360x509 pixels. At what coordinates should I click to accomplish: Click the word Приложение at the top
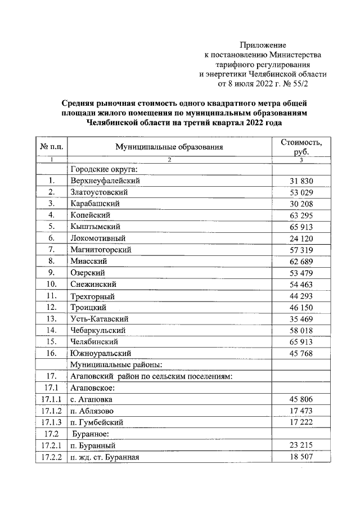pyautogui.click(x=263, y=44)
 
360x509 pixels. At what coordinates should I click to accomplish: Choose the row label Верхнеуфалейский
pyautogui.click(x=105, y=181)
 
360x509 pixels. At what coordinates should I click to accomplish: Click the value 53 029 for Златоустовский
pyautogui.click(x=301, y=192)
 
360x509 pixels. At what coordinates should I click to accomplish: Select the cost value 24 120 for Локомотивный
pyautogui.click(x=301, y=237)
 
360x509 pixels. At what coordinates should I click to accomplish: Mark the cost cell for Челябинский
pyautogui.click(x=301, y=341)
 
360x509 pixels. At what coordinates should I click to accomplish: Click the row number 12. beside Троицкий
pyautogui.click(x=51, y=307)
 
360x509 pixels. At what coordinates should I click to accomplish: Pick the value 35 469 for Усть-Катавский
pyautogui.click(x=301, y=318)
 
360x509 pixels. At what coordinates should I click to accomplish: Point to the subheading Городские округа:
pyautogui.click(x=104, y=169)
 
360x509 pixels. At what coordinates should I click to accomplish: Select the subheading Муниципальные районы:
pyautogui.click(x=116, y=364)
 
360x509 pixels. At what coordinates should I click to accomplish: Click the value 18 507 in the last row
pyautogui.click(x=301, y=457)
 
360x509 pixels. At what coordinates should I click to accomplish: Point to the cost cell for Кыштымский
pyautogui.click(x=301, y=227)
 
